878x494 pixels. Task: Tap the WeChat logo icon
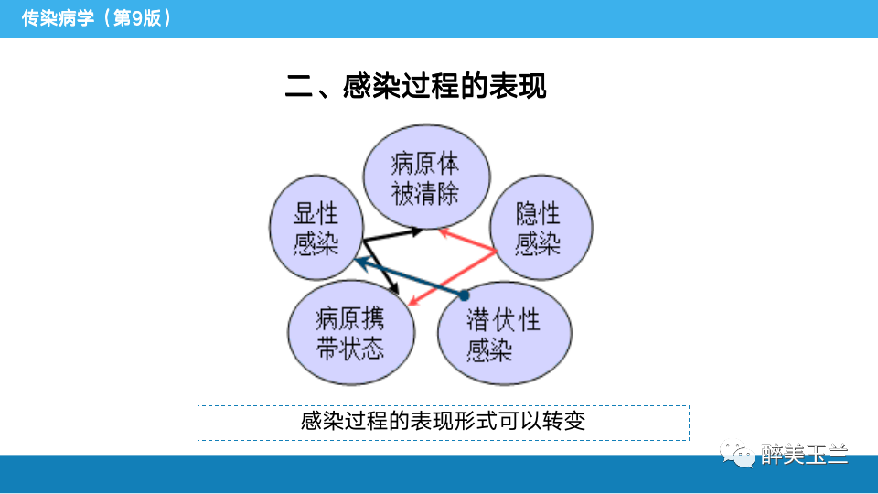[736, 452]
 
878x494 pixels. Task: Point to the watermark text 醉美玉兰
[805, 454]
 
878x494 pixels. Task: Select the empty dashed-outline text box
[444, 423]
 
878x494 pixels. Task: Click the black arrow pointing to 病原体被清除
[393, 235]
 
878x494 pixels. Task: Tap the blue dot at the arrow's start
[464, 295]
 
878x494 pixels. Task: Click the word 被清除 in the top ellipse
[425, 193]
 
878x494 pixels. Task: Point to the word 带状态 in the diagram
[350, 349]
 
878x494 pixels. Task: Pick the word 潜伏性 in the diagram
[504, 320]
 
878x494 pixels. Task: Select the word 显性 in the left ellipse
[316, 214]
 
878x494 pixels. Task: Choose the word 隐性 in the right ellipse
[538, 215]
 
